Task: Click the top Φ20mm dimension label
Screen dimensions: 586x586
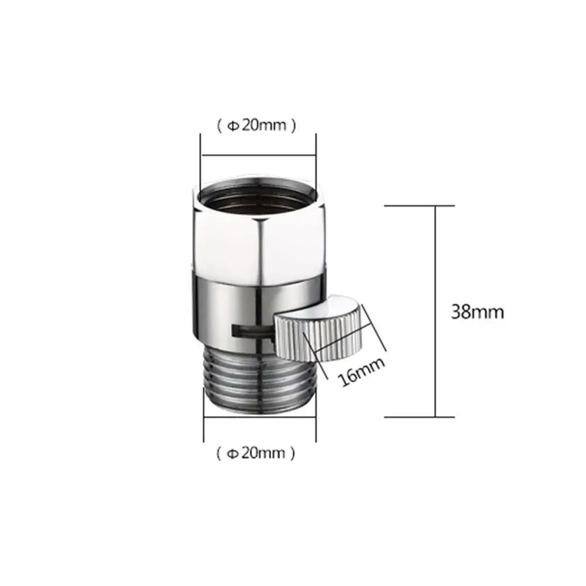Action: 257,125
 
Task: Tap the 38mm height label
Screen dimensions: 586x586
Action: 477,311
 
